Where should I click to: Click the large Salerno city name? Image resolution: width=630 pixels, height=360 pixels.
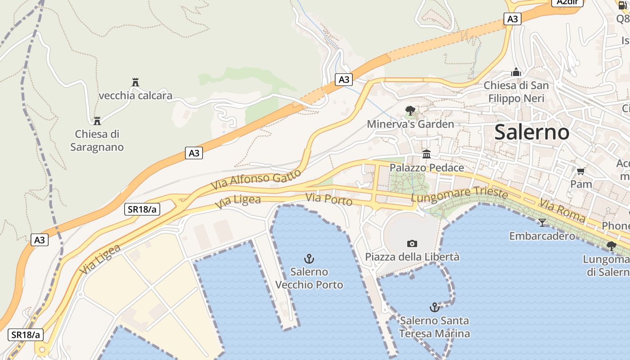coord(531,132)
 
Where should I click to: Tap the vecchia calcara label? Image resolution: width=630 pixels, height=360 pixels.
coord(135,95)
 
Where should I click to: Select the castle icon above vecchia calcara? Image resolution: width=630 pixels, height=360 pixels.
coord(135,82)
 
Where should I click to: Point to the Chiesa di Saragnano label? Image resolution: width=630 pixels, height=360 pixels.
coord(97,140)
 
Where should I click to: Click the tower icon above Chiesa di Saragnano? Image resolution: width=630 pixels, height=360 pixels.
coord(97,121)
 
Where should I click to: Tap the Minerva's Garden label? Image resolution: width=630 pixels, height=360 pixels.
coord(410,124)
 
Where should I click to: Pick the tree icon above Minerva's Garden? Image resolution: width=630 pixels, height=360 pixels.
coord(410,110)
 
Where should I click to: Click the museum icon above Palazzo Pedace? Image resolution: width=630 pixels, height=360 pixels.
coord(427,154)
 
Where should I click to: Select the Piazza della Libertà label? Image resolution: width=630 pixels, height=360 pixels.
coord(412,257)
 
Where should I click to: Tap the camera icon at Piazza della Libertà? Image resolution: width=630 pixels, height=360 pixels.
coord(412,243)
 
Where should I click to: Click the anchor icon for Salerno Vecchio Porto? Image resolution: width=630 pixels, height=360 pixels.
coord(309,258)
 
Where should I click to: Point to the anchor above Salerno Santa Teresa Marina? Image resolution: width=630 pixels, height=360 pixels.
coord(434,307)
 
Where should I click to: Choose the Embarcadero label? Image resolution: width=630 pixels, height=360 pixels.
coord(542,236)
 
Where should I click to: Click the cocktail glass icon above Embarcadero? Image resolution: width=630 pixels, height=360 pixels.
coord(542,222)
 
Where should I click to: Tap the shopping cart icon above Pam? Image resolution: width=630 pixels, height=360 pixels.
coord(581,171)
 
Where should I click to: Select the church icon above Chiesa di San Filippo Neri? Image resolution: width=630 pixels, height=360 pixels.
coord(516,72)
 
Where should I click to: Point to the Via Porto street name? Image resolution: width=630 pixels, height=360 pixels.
coord(328,199)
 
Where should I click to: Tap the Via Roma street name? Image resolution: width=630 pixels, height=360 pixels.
coord(562,211)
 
